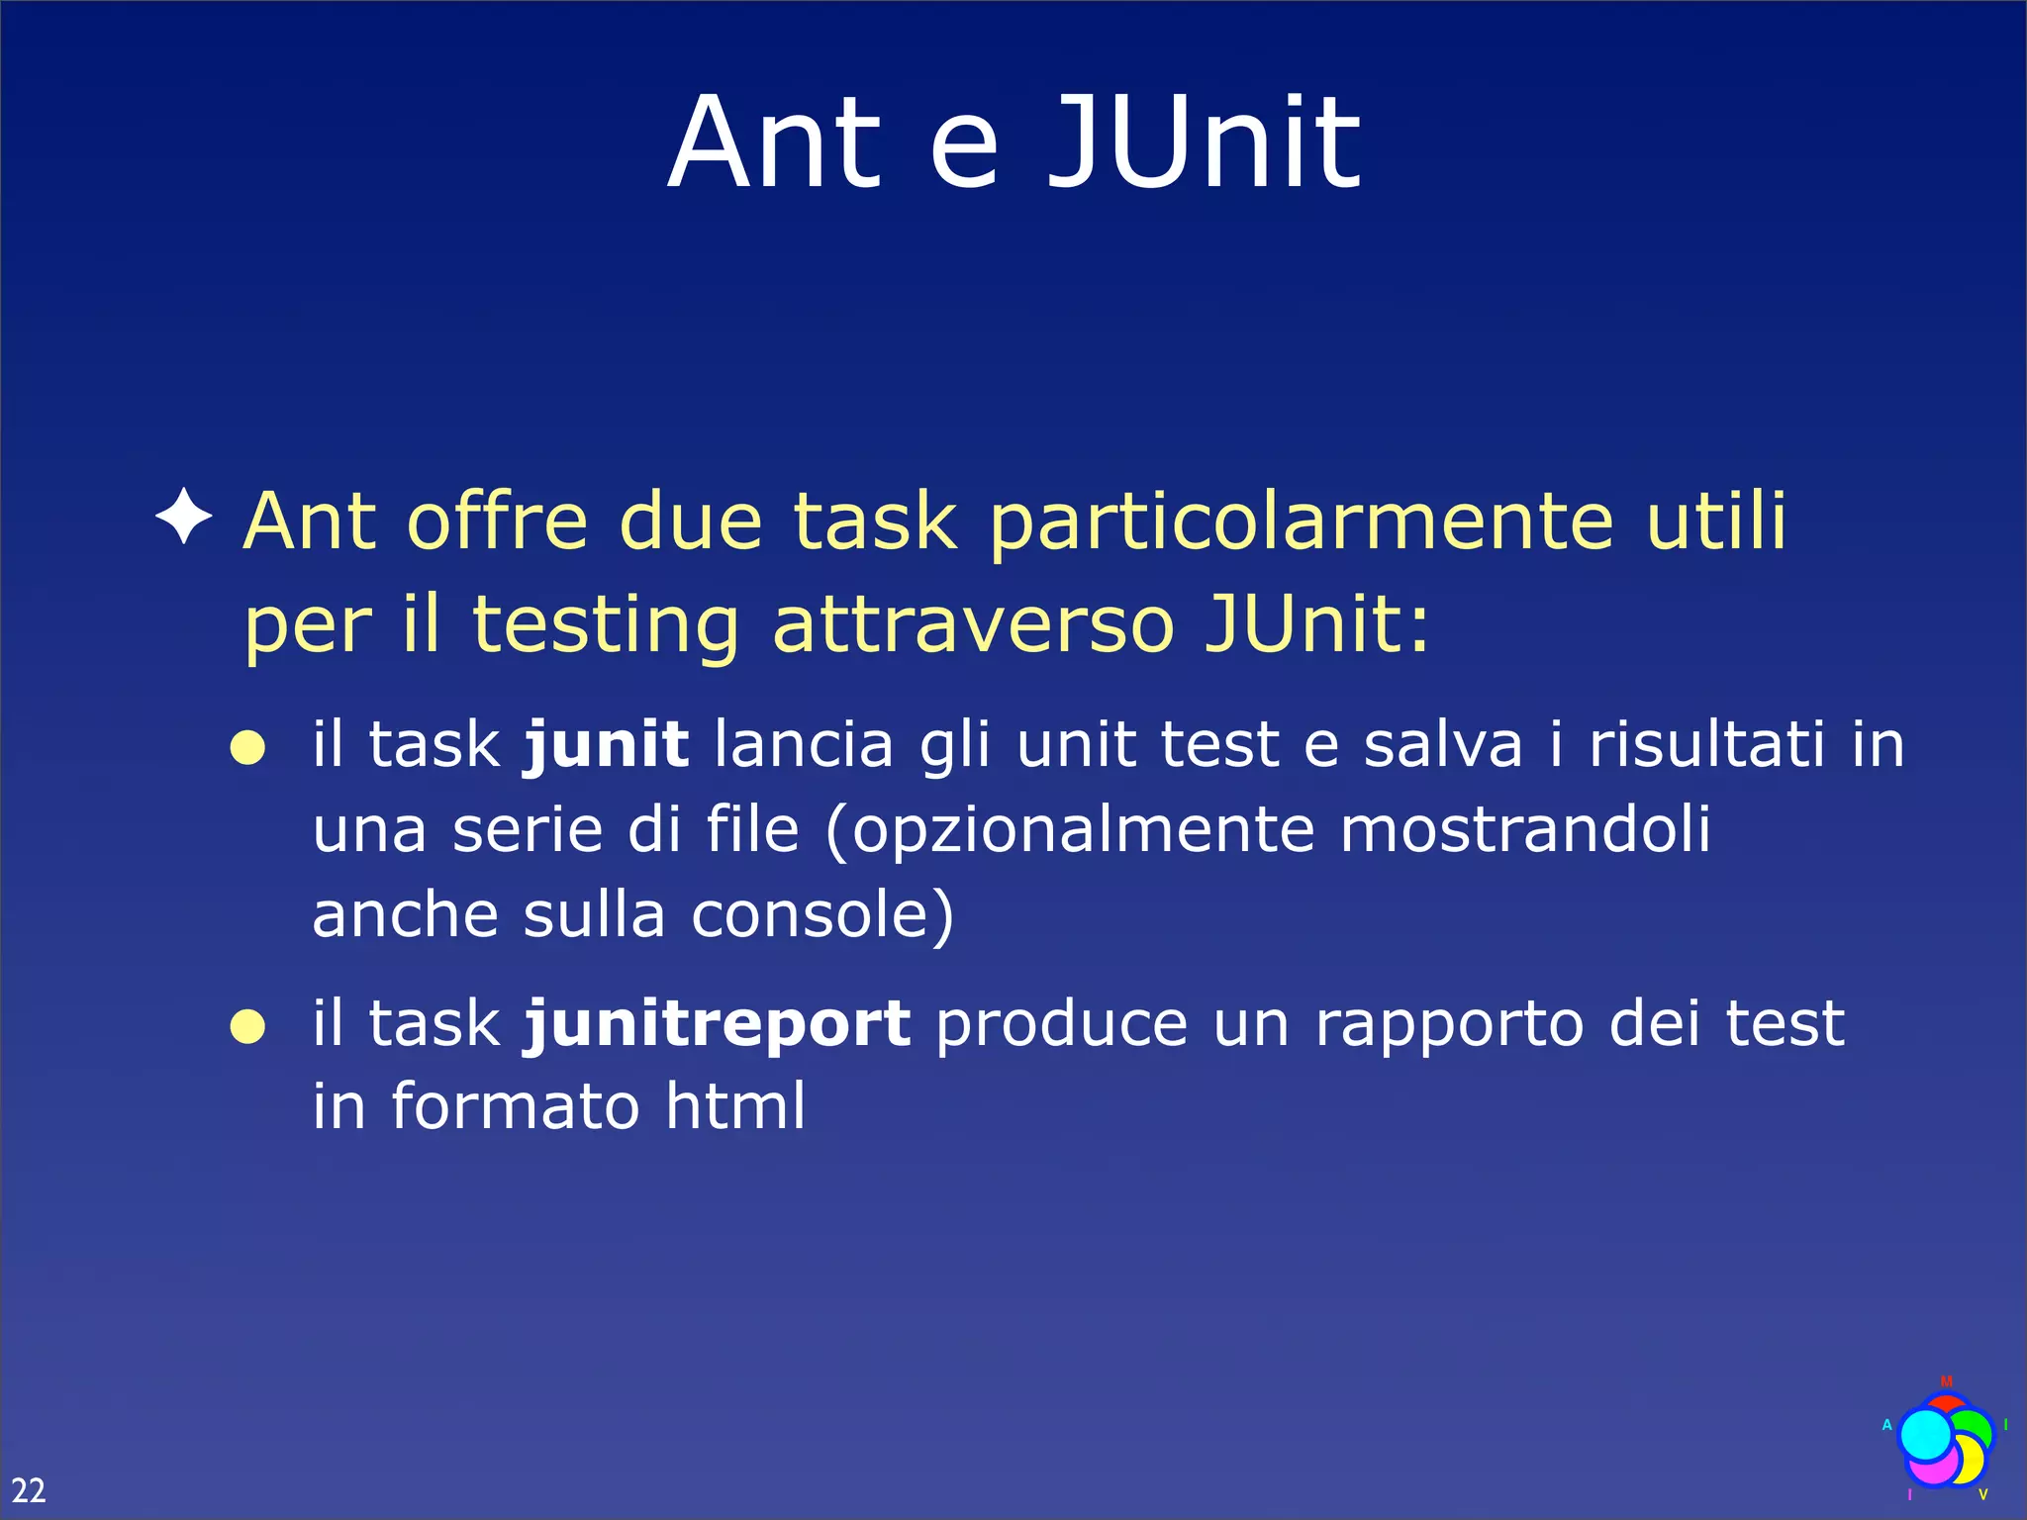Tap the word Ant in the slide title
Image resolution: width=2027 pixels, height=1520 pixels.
[774, 143]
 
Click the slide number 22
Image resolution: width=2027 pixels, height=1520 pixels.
[28, 1489]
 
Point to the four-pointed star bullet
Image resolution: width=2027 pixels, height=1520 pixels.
[184, 517]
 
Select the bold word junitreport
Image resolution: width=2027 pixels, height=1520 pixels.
[718, 1023]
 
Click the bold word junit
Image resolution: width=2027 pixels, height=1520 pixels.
[606, 744]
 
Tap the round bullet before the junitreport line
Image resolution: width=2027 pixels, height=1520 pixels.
[247, 1027]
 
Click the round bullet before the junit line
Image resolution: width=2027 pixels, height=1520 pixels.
[247, 748]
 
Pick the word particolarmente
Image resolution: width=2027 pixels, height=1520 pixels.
[1302, 522]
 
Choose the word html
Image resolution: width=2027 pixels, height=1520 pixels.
[735, 1105]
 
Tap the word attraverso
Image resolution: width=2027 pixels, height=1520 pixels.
[972, 624]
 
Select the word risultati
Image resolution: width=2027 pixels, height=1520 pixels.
[1706, 744]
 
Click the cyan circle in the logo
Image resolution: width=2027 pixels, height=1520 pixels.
[1926, 1435]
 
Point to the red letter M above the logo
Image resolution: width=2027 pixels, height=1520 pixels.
[1946, 1381]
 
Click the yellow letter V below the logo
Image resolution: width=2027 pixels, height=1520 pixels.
[1982, 1494]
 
